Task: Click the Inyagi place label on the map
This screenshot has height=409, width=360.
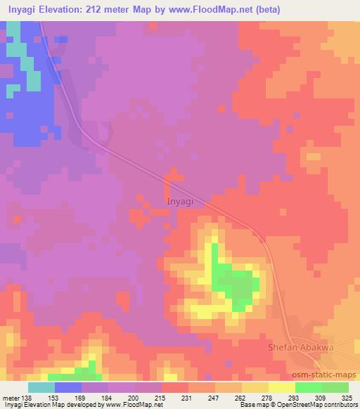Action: (x=182, y=202)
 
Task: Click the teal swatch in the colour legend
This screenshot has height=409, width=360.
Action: (x=41, y=387)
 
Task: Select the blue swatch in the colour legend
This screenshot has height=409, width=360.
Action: (x=67, y=387)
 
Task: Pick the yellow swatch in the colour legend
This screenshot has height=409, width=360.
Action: (x=281, y=387)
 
